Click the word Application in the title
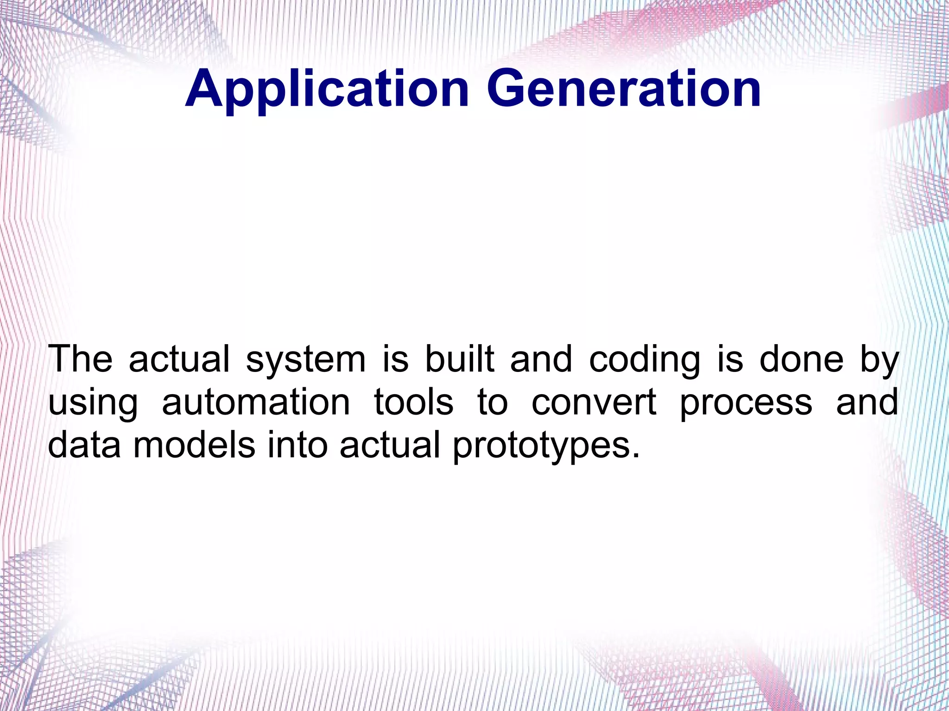tap(327, 89)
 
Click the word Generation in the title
tap(623, 89)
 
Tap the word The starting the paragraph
tap(80, 359)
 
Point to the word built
tap(459, 359)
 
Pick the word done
tap(802, 359)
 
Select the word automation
tap(256, 402)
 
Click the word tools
tap(413, 402)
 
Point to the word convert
tap(594, 402)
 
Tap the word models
tap(194, 445)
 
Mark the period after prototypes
tap(635, 455)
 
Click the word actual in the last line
tap(390, 445)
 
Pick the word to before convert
tap(493, 402)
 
